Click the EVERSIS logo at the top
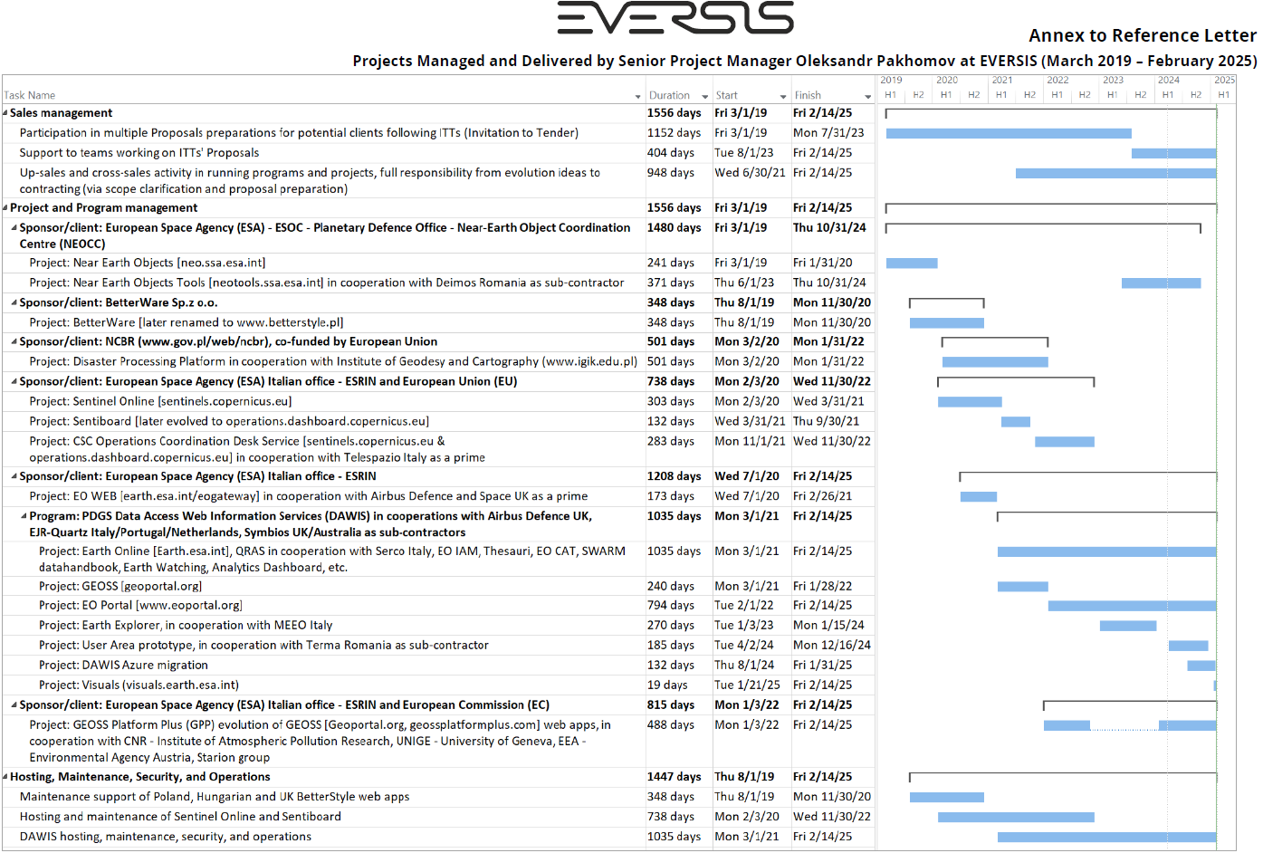(x=675, y=18)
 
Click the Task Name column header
(x=30, y=95)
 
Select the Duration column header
(x=669, y=95)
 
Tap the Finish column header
(x=808, y=95)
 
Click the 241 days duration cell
(x=670, y=263)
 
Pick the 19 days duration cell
(x=666, y=685)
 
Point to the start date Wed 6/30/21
(x=750, y=172)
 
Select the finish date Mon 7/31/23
(x=828, y=132)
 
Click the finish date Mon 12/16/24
(x=831, y=645)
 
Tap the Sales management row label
(x=61, y=112)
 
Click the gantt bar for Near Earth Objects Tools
(x=1161, y=283)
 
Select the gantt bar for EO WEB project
(x=978, y=496)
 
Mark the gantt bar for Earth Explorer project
(x=1127, y=626)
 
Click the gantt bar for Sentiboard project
(x=1015, y=422)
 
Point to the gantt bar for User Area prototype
(x=1188, y=646)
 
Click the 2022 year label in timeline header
(x=1057, y=80)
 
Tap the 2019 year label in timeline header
(x=891, y=80)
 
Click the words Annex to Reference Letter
(x=1142, y=35)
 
